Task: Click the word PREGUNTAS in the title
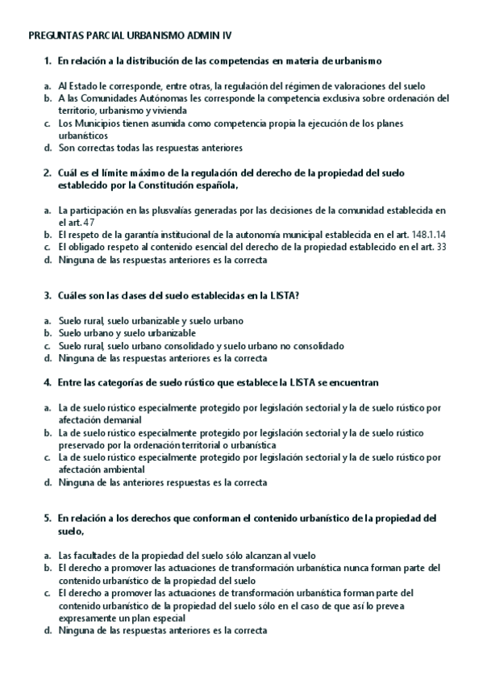(x=53, y=36)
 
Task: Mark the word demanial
(x=122, y=419)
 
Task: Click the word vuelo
(x=300, y=556)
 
